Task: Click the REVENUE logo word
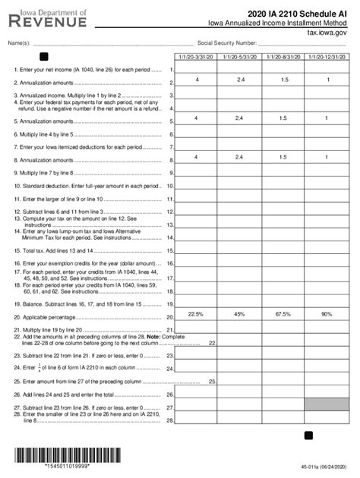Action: click(47, 24)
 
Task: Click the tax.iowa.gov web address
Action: click(330, 33)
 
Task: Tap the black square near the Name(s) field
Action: click(44, 56)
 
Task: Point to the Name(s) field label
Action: click(17, 44)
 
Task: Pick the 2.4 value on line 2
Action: click(240, 80)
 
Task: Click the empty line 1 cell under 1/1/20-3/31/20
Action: click(196, 69)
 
